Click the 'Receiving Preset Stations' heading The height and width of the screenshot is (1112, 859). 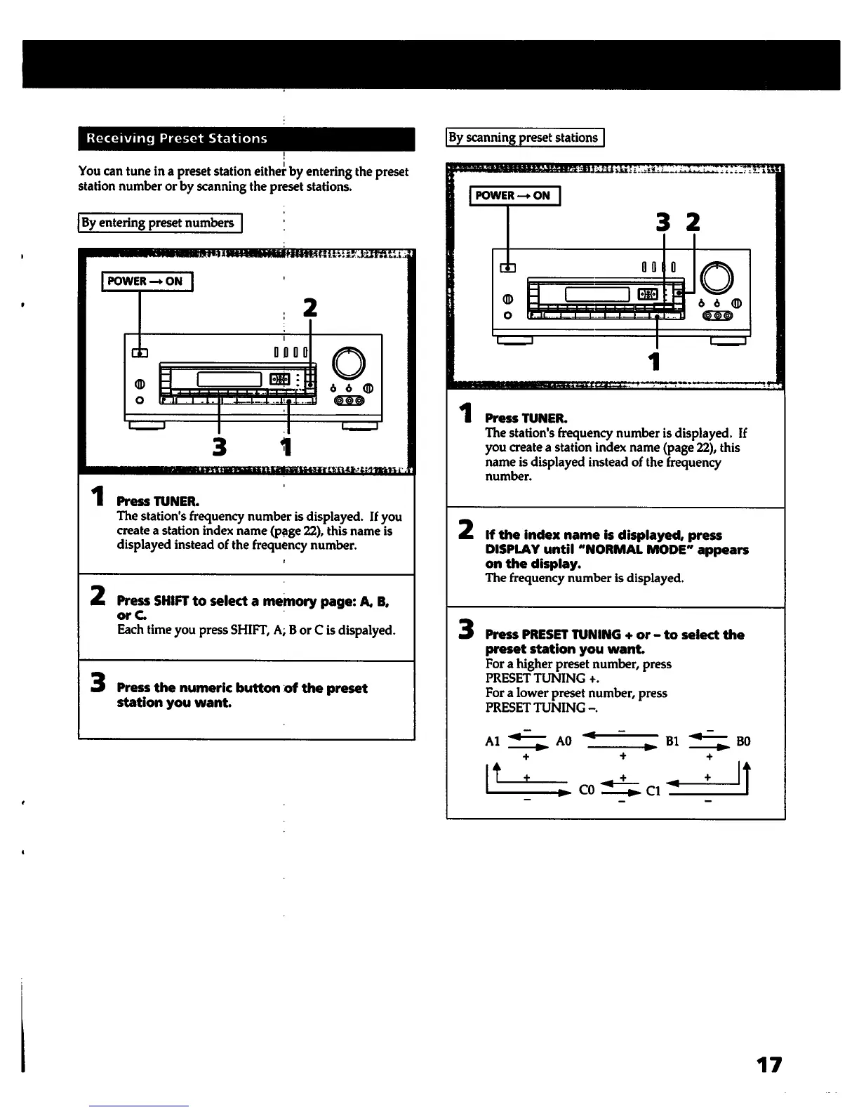[x=176, y=138]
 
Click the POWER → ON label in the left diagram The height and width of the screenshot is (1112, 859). [x=146, y=282]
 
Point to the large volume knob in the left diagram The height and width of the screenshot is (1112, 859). [x=349, y=362]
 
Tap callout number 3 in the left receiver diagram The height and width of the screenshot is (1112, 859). [x=220, y=446]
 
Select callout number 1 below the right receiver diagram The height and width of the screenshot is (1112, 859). [x=655, y=361]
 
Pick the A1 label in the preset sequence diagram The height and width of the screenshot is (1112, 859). [x=493, y=741]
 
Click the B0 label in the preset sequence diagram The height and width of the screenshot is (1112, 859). [x=743, y=741]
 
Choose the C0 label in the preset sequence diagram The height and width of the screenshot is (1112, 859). [x=587, y=790]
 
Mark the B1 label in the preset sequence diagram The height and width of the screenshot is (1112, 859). [x=672, y=741]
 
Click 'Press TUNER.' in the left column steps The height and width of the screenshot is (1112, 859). [x=158, y=501]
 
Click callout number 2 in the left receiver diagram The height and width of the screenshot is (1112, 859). [x=309, y=308]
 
